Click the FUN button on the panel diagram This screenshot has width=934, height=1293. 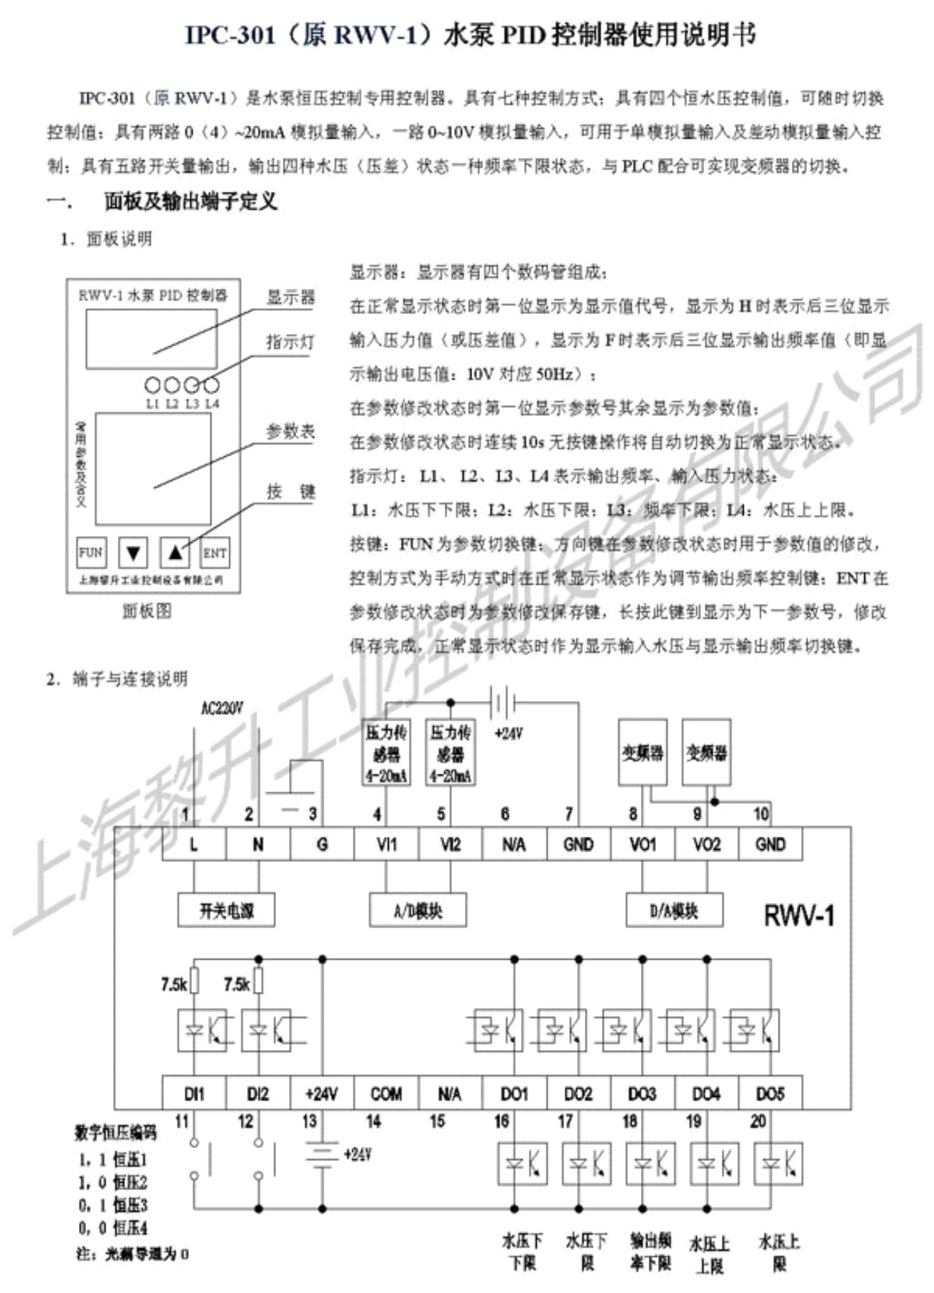91,552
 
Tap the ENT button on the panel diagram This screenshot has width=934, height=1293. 214,552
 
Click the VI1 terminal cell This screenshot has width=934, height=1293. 386,844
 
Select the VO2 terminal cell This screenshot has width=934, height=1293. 706,844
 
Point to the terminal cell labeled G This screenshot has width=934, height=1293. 322,844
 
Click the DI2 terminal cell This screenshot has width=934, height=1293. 258,1094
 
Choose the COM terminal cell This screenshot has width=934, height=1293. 386,1094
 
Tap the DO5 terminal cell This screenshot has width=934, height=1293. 769,1094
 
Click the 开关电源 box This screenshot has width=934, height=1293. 226,911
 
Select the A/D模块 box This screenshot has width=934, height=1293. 418,911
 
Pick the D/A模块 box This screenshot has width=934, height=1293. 674,911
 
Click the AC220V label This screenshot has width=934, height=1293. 222,709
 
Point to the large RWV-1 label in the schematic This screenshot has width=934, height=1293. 798,916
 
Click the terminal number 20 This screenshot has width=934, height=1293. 758,1121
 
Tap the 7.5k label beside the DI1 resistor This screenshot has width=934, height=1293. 174,984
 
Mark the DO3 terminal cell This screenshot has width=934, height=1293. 642,1094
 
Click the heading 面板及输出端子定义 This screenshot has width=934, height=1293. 191,202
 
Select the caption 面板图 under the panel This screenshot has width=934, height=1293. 147,611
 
